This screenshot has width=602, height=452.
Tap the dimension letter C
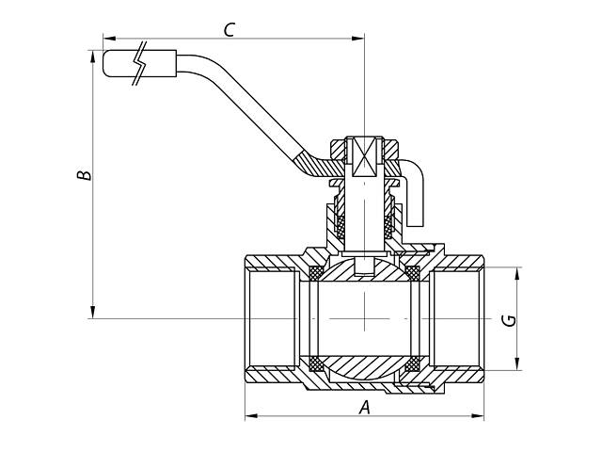point(228,29)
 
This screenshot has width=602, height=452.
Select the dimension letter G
point(509,318)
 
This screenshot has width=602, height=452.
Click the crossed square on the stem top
point(363,156)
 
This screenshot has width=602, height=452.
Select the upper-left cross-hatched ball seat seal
point(316,274)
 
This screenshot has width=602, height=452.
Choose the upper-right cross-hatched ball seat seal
point(411,274)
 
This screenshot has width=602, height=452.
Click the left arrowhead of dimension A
point(250,415)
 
